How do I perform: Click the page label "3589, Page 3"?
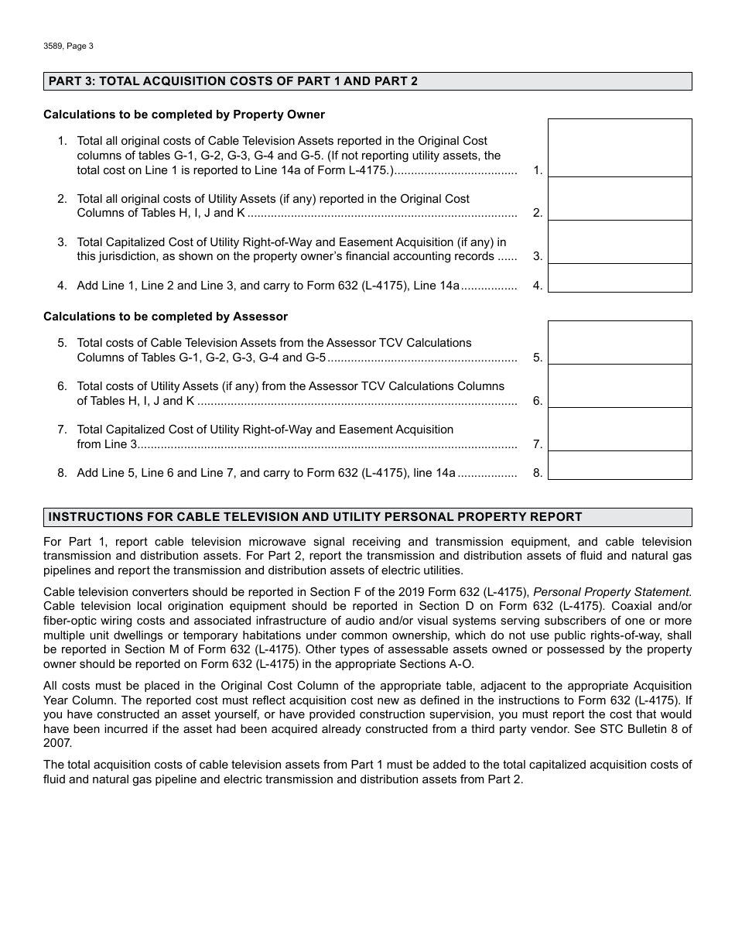(x=68, y=46)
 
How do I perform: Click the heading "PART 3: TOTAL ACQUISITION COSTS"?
(x=232, y=81)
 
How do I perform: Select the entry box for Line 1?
(x=620, y=148)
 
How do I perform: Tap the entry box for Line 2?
(x=620, y=199)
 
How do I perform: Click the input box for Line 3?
(x=620, y=242)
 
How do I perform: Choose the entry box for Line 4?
(x=620, y=278)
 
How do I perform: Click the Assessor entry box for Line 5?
(x=620, y=343)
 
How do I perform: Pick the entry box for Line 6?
(x=620, y=386)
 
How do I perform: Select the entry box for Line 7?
(x=620, y=430)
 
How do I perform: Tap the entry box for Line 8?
(x=620, y=465)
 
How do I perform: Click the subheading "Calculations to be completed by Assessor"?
(x=166, y=317)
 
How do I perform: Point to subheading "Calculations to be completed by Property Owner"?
(x=184, y=115)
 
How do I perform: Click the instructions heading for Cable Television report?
(x=315, y=517)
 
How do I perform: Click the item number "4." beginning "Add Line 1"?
(x=62, y=286)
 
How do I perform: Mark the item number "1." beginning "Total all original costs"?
(x=62, y=141)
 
